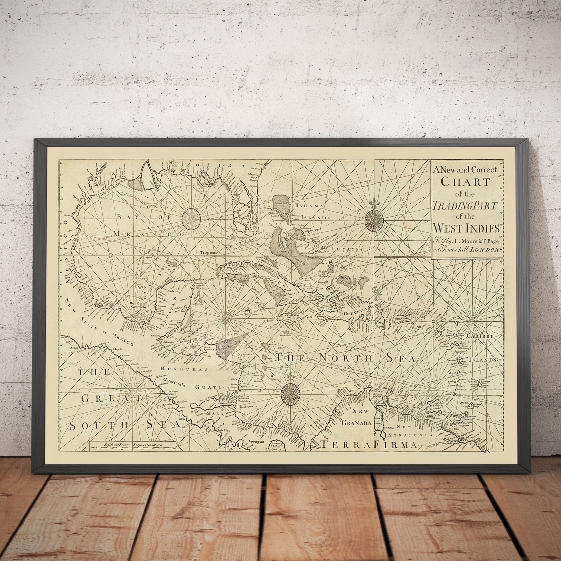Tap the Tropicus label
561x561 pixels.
pyautogui.click(x=208, y=252)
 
